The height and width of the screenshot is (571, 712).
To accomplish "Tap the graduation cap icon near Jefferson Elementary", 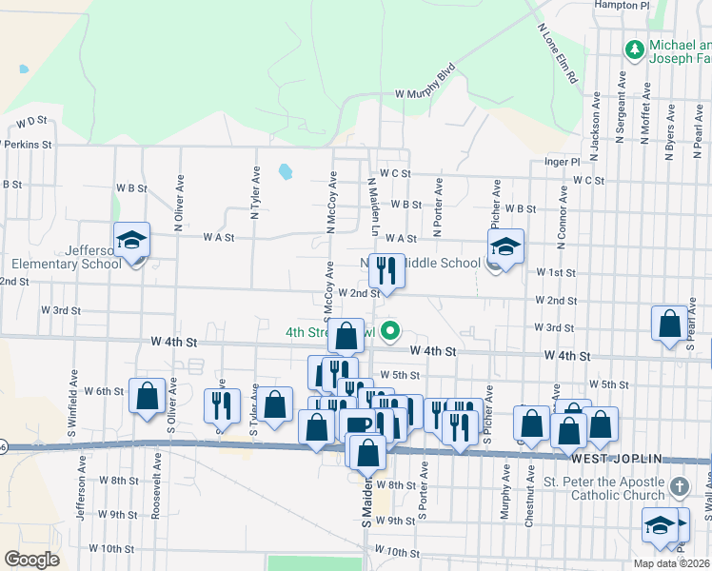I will pos(132,243).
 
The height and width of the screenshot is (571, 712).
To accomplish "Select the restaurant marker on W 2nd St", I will pos(386,271).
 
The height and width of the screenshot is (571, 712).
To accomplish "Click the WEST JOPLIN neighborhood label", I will pos(616,459).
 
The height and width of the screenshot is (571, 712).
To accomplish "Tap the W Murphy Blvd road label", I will pos(425,84).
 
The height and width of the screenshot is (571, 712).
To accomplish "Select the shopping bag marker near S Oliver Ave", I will pos(148,397).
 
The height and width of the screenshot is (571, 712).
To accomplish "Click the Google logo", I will pos(31,560).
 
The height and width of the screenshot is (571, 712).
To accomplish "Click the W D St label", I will pos(31,122).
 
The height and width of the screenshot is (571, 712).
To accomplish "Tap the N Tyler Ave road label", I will pos(256,194).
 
